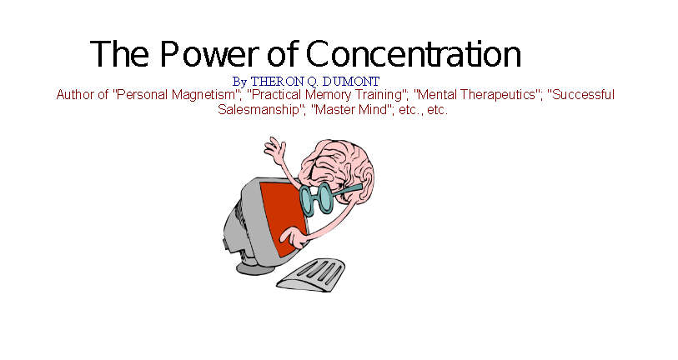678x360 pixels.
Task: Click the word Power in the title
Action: click(x=209, y=53)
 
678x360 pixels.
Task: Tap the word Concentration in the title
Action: click(x=414, y=53)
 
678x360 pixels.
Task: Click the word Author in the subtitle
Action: click(x=74, y=95)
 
